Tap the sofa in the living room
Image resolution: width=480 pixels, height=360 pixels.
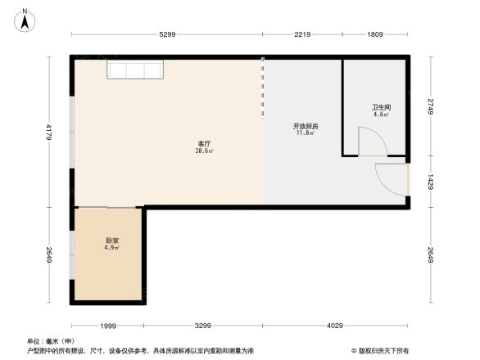coord(136,70)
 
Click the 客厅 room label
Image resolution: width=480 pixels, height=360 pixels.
coord(204,143)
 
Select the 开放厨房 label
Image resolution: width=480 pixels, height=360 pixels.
coord(306,126)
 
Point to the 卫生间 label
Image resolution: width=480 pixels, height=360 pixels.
coord(381,107)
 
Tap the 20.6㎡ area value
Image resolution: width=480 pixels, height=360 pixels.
coord(204,151)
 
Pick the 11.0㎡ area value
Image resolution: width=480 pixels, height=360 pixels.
coord(306,133)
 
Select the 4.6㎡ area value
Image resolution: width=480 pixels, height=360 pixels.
coord(381,115)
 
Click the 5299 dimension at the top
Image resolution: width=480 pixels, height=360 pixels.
coord(167,34)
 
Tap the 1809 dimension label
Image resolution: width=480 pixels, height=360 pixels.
coord(374,34)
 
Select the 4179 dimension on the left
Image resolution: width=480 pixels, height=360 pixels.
coord(48,131)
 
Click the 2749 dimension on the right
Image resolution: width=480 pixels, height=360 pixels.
coord(430,106)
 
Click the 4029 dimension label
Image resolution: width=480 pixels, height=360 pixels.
coord(335,326)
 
